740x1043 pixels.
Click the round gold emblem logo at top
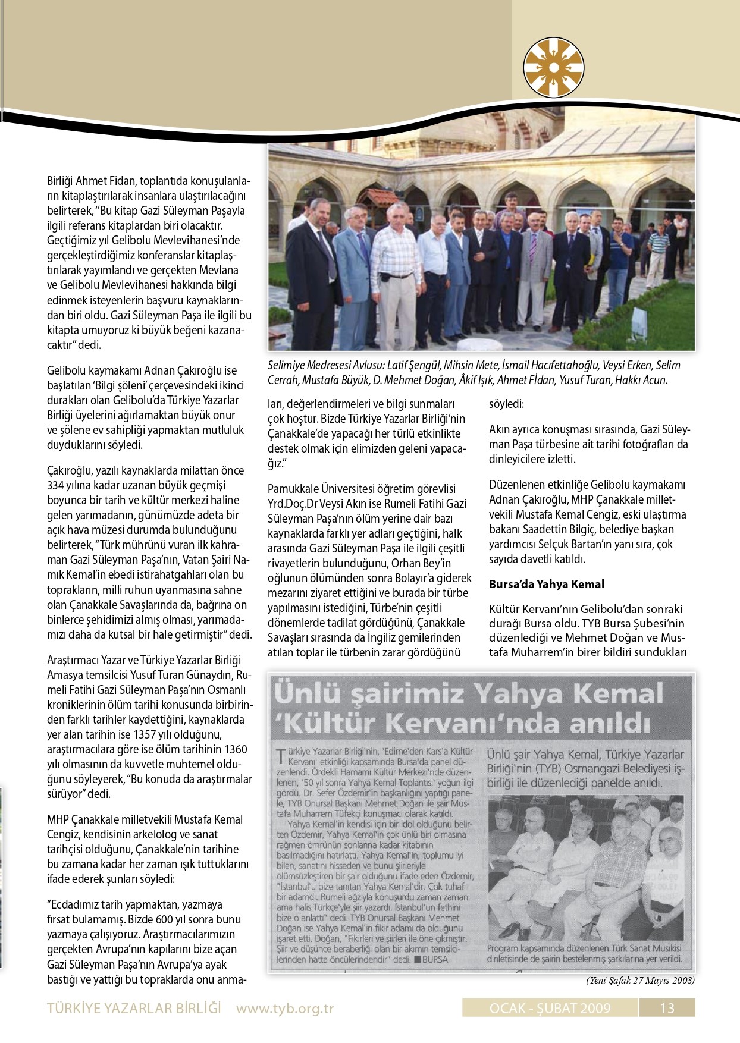tap(553, 68)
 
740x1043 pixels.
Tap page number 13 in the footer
tap(667, 1007)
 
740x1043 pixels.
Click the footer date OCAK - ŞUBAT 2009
tap(550, 1007)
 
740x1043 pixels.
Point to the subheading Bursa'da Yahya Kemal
tap(546, 584)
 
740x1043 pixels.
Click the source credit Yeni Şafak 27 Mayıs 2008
tap(640, 980)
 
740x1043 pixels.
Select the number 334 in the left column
tap(55, 485)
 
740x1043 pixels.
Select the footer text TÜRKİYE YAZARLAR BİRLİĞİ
tap(134, 1008)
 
